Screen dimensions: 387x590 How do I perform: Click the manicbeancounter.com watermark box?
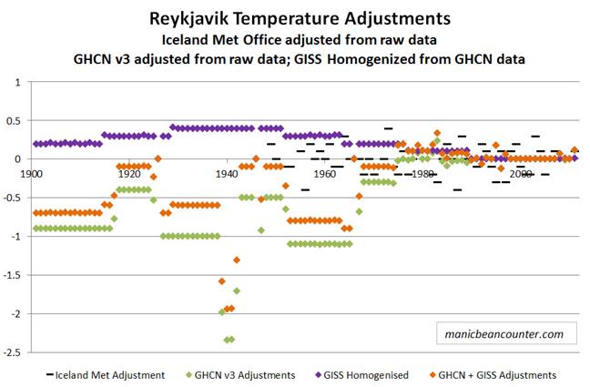tap(500, 333)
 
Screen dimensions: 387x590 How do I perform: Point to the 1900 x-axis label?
tap(31, 173)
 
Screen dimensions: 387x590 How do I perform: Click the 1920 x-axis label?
tap(129, 173)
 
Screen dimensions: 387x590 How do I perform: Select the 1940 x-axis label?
tap(227, 173)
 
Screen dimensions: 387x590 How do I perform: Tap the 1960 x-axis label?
tap(325, 173)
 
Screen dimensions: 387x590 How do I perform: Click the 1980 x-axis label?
tap(422, 173)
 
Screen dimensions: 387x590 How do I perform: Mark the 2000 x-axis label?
tap(521, 173)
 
